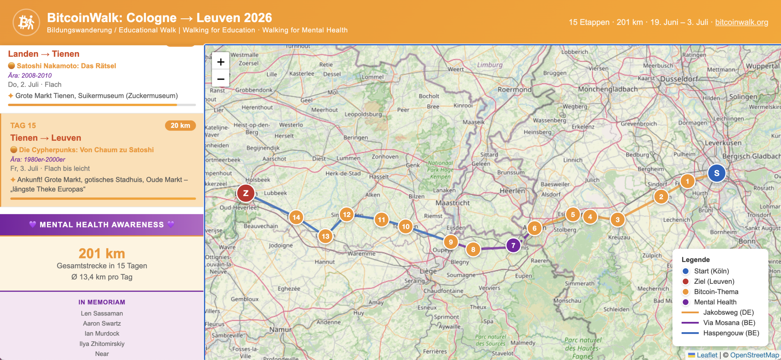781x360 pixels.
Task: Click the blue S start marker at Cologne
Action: tap(716, 173)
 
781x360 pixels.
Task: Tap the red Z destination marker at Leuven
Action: tap(246, 193)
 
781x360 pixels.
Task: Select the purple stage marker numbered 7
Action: tap(513, 245)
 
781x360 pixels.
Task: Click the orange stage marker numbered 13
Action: tap(326, 236)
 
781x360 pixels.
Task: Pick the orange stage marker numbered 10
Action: tap(405, 226)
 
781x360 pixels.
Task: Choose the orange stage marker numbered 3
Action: tap(617, 220)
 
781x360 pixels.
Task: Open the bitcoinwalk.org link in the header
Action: tap(741, 22)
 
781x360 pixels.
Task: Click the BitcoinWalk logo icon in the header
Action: tap(26, 22)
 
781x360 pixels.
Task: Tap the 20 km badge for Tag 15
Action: tap(180, 125)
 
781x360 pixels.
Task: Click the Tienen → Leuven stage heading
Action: tap(46, 138)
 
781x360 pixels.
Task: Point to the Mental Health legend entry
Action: tap(715, 302)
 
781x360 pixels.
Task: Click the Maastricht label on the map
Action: tap(452, 203)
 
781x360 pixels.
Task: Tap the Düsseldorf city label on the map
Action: tap(679, 79)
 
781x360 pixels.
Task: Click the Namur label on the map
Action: tap(280, 329)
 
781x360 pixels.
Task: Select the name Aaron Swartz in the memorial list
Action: tap(102, 323)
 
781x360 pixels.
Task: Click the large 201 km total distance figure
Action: tap(102, 254)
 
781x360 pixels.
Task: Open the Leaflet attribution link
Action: tap(707, 355)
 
